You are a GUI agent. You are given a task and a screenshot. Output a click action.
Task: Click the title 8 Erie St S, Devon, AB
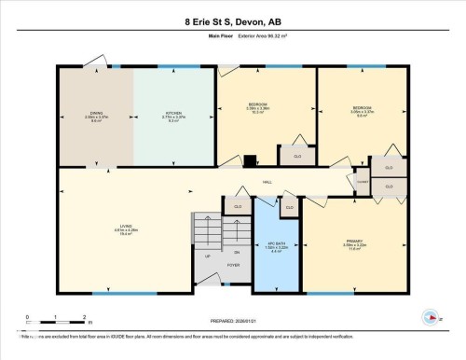pyautogui.click(x=232, y=21)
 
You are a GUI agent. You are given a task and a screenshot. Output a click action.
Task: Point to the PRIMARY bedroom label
pyautogui.click(x=353, y=246)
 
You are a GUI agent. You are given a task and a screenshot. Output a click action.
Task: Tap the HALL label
pyautogui.click(x=267, y=182)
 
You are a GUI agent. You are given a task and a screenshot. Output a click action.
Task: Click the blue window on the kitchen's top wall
pyautogui.click(x=172, y=66)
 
